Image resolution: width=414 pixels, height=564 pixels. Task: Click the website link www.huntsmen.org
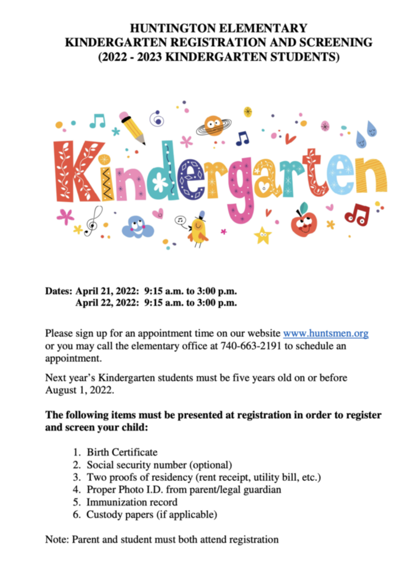[x=325, y=333]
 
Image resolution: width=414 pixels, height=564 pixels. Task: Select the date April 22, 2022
[x=107, y=303]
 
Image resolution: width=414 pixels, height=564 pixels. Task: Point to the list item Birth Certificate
[x=122, y=452]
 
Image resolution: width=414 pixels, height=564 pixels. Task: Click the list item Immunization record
[x=132, y=502]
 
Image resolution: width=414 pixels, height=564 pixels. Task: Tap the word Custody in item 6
[x=103, y=514]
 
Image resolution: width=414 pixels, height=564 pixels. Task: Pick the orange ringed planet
[x=213, y=126]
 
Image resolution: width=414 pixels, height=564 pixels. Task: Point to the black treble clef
[x=96, y=219]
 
